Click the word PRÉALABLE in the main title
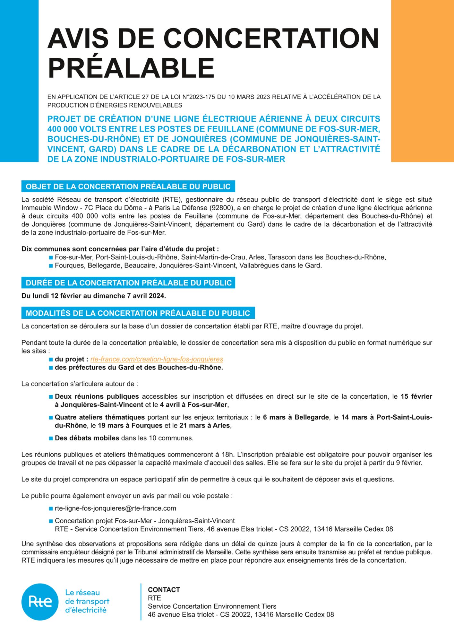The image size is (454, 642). [131, 68]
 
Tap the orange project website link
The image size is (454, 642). [157, 359]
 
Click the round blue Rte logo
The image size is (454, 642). [40, 602]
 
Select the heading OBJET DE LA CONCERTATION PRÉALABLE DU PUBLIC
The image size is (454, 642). [128, 187]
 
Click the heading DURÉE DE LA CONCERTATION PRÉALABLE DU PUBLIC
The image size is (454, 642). [128, 283]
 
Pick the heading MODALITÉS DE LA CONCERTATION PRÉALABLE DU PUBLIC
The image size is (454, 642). [138, 313]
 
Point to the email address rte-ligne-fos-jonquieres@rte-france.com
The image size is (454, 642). [116, 508]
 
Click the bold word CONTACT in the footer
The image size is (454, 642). [164, 590]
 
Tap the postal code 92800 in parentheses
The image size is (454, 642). [221, 208]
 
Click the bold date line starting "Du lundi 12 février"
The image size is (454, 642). [94, 296]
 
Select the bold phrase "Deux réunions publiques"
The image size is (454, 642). [97, 396]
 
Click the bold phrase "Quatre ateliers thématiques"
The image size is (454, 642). [100, 417]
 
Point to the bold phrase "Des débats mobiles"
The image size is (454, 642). [87, 438]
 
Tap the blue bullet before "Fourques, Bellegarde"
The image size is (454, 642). [51, 266]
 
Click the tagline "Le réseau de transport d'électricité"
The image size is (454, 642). [87, 601]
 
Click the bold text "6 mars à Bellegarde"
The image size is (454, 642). [296, 417]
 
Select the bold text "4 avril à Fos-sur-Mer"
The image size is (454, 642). [193, 405]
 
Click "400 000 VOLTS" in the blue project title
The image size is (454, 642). [77, 129]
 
